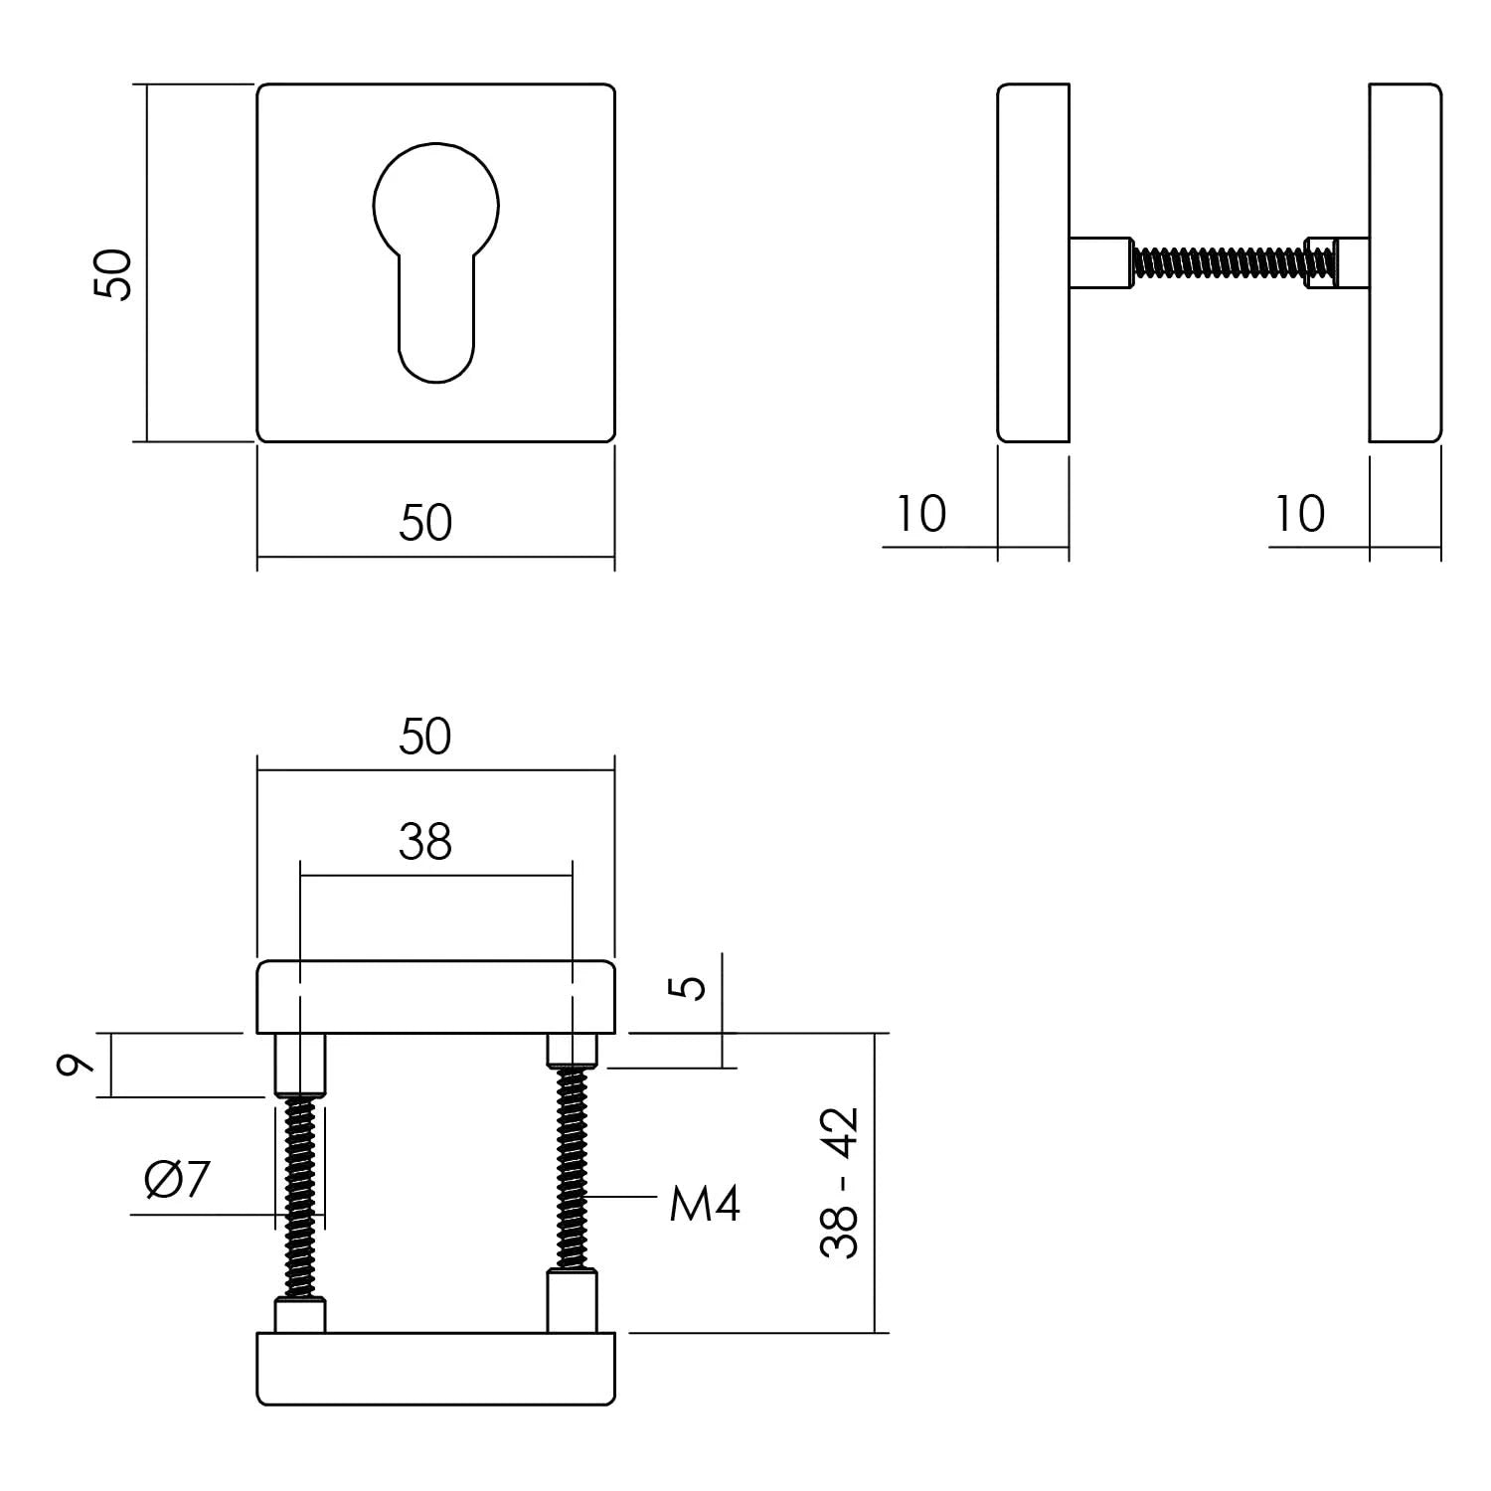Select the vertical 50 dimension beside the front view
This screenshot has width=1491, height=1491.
click(112, 275)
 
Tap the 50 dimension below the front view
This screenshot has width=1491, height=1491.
click(425, 523)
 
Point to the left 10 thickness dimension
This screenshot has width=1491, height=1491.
click(920, 514)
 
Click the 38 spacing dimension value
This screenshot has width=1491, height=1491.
click(425, 842)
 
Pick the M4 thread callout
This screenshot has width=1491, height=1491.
click(705, 1205)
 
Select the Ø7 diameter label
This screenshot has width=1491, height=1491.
click(178, 1180)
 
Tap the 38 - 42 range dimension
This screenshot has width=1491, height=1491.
click(840, 1183)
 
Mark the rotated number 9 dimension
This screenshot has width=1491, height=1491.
click(76, 1065)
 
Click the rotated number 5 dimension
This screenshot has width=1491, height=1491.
click(693, 986)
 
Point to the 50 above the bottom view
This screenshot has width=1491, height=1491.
click(425, 738)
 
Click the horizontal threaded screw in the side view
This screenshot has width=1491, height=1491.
click(1219, 262)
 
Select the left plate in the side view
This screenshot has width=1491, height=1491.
click(1034, 262)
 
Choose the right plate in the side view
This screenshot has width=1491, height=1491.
click(1405, 262)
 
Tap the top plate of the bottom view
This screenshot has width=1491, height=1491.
click(435, 997)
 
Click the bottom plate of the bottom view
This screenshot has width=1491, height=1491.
click(435, 1368)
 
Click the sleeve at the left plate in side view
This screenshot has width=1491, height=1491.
click(1100, 262)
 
